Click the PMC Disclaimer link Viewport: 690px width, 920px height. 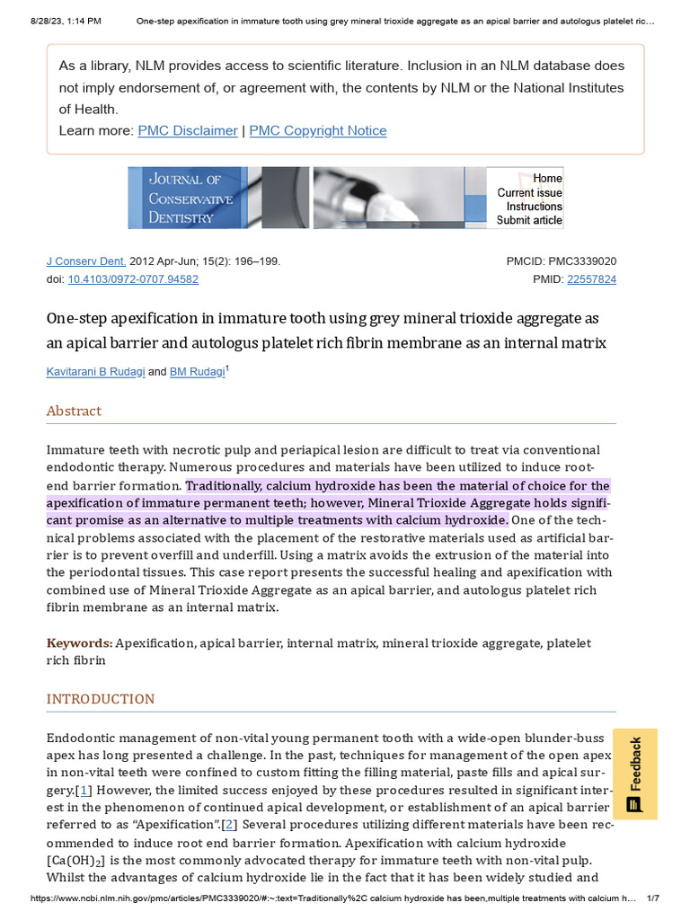coord(188,130)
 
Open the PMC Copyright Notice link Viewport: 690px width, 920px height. coord(318,130)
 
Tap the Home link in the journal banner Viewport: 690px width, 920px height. coord(547,178)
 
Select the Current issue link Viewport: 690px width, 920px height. coord(530,192)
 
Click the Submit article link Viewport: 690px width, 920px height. coord(529,220)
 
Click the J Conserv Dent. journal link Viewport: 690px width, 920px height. coord(86,261)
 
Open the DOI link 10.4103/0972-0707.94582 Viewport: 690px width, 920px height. coord(133,279)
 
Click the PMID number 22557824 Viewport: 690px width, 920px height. coord(591,279)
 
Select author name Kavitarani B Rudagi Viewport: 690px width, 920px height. coord(95,372)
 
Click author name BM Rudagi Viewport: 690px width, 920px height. coord(197,372)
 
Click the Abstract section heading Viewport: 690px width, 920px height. coord(74,411)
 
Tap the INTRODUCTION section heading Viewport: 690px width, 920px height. coord(101,699)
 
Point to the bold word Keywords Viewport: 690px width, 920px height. coord(79,643)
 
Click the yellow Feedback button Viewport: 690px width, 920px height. coord(635,774)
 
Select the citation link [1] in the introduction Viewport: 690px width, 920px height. coord(84,790)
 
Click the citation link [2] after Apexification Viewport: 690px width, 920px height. coord(229,825)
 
